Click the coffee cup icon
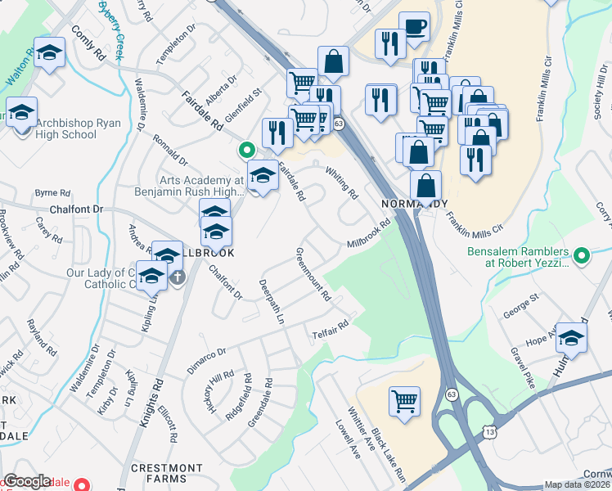coord(414,26)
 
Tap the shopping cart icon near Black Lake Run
coord(404,401)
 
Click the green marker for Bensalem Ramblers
coord(582,257)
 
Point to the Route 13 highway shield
coord(489,430)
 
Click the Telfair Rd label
coord(330,329)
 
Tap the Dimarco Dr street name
coord(205,359)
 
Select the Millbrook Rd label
coord(368,233)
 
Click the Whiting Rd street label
coord(342,184)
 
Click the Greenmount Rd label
coord(313,273)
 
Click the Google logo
coord(27,481)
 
